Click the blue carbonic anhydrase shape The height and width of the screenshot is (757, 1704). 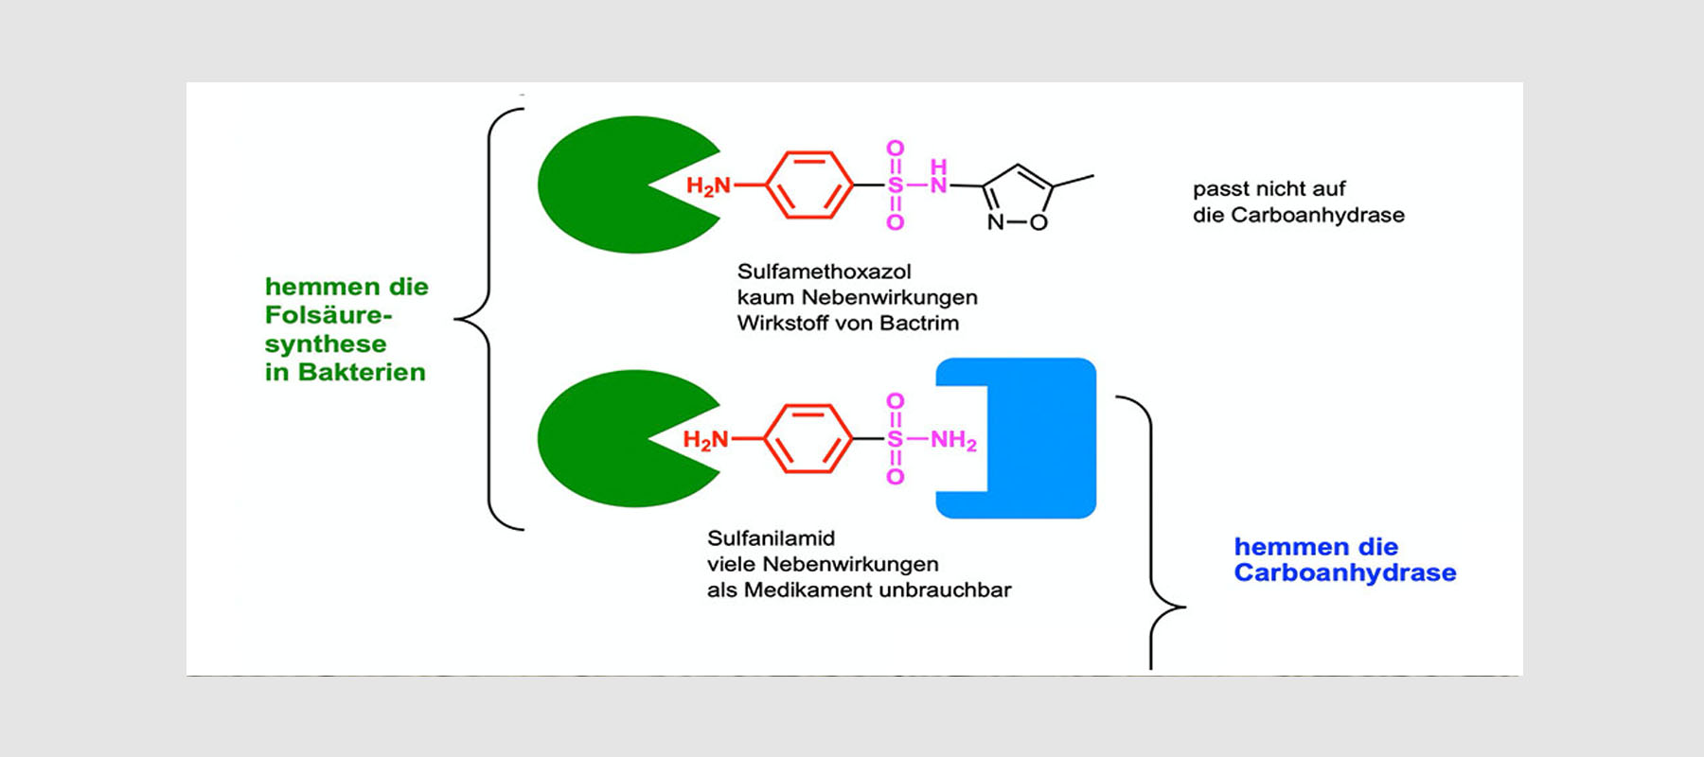pyautogui.click(x=1041, y=438)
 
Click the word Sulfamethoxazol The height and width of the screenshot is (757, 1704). pyautogui.click(x=824, y=272)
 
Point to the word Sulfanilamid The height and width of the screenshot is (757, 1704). pyautogui.click(x=771, y=538)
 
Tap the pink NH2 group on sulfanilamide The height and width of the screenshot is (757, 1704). pyautogui.click(x=953, y=440)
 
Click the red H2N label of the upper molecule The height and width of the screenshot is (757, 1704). pyautogui.click(x=708, y=185)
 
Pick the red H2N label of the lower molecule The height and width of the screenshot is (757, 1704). pyautogui.click(x=705, y=440)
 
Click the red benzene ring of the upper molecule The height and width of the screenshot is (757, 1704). pyautogui.click(x=809, y=185)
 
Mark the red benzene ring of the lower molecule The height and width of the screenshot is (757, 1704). pyautogui.click(x=808, y=438)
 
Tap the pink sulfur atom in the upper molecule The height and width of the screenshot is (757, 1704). pyautogui.click(x=895, y=185)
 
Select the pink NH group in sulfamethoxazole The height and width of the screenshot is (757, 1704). pyautogui.click(x=938, y=177)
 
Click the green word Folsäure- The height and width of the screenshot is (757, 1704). pyautogui.click(x=328, y=315)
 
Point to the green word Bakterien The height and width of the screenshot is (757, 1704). pyautogui.click(x=362, y=372)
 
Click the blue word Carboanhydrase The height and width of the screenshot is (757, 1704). pyautogui.click(x=1344, y=572)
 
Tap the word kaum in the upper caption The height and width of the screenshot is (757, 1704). pyautogui.click(x=766, y=297)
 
